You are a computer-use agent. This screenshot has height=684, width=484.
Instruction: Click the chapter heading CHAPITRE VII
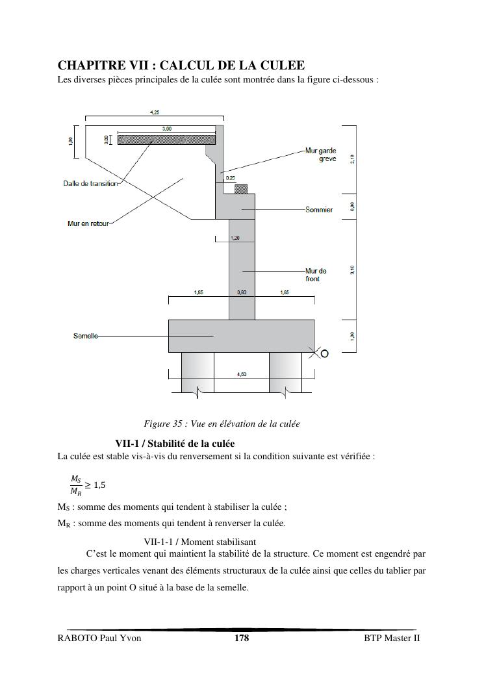(181, 66)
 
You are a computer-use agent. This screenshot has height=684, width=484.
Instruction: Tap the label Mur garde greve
(322, 155)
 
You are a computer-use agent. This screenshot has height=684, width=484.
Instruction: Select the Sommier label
(319, 210)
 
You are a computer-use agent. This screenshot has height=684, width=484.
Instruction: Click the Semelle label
(86, 336)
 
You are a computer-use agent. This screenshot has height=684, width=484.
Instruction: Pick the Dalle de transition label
(91, 183)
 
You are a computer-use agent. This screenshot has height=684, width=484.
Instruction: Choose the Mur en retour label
(88, 224)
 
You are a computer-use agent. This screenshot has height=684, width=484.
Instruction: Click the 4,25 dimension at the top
(155, 112)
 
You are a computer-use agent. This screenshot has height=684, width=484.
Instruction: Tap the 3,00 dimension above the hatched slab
(167, 129)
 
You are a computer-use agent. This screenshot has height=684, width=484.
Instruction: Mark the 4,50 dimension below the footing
(242, 374)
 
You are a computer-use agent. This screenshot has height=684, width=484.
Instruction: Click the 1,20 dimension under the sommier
(235, 238)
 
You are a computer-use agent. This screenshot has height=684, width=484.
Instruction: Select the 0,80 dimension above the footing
(242, 293)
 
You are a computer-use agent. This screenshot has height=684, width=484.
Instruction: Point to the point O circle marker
(325, 354)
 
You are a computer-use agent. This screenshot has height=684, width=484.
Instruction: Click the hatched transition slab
(166, 139)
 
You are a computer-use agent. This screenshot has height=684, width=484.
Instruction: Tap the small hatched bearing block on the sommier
(241, 189)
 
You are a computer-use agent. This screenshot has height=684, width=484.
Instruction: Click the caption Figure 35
(222, 424)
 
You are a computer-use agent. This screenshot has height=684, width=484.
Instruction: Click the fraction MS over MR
(76, 485)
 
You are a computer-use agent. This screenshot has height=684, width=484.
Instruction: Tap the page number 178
(242, 638)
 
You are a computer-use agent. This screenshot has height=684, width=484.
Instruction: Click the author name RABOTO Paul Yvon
(99, 638)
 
